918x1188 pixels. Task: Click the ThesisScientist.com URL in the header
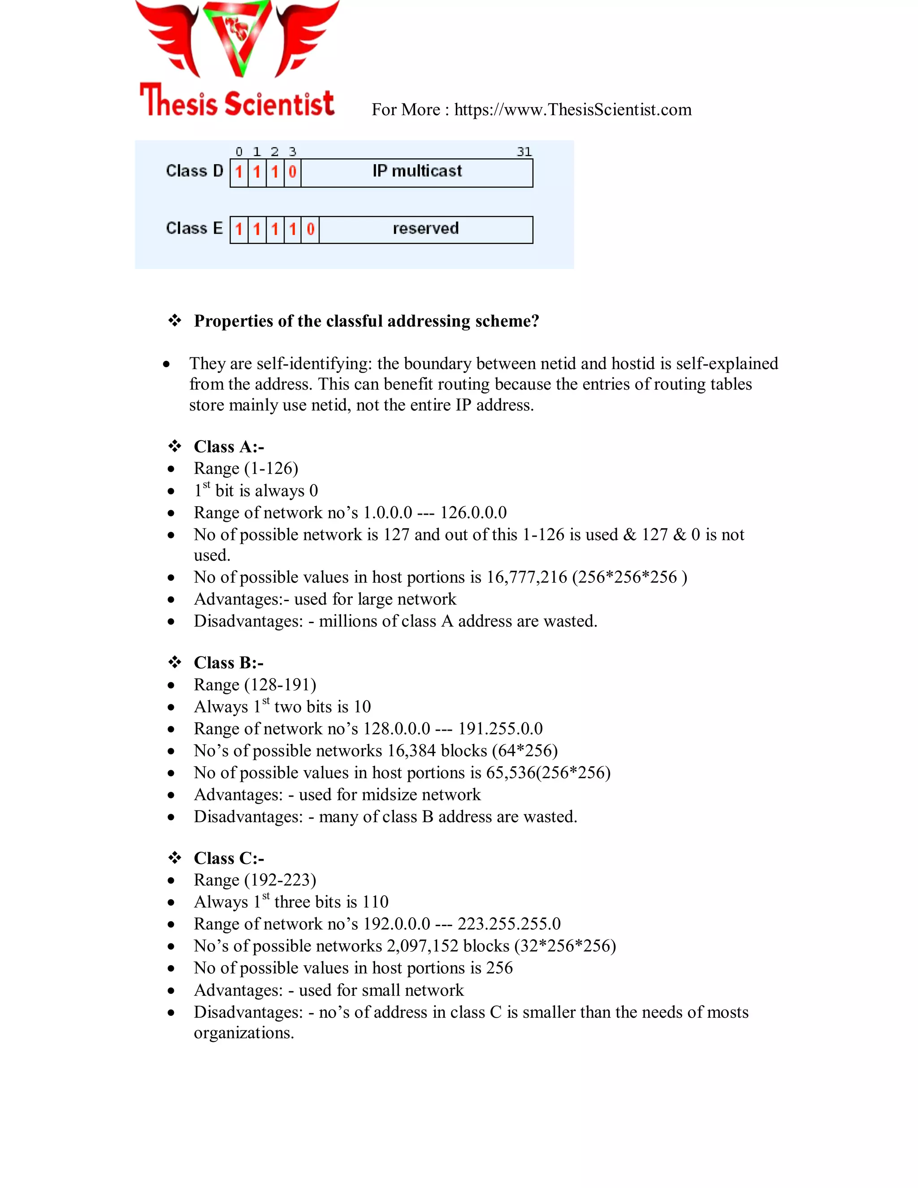click(573, 110)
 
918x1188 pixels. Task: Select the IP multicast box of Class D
click(416, 172)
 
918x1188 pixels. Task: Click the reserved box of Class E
click(425, 229)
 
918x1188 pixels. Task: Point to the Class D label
click(194, 171)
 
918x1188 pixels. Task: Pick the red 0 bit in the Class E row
click(310, 229)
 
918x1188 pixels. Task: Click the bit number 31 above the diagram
click(524, 152)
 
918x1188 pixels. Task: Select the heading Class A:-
click(229, 447)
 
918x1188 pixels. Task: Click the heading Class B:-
click(229, 663)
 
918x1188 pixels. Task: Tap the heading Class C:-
click(229, 858)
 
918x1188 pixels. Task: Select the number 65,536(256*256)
click(548, 772)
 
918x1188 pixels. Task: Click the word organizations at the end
click(243, 1032)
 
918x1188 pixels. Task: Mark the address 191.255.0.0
click(500, 728)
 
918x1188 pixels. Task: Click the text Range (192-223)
click(255, 880)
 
